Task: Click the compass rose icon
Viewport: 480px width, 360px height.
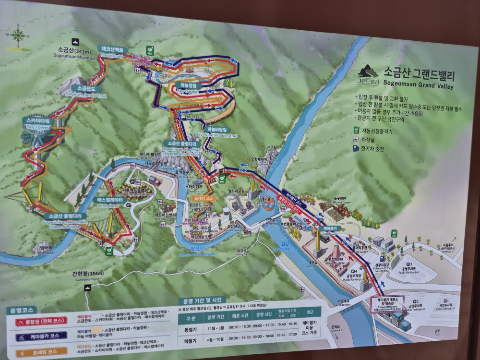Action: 18,35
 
